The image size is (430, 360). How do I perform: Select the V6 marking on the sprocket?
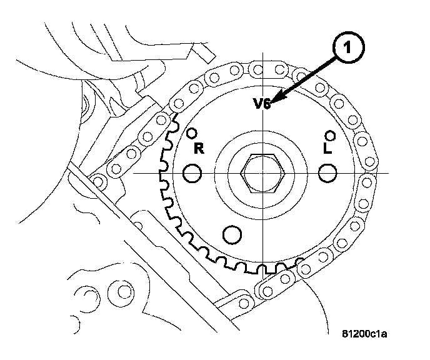pos(262,104)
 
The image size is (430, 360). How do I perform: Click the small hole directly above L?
pos(330,136)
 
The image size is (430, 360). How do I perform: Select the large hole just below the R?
pos(192,173)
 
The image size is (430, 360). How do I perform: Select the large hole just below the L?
pos(327,173)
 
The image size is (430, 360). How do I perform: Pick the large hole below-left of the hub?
pos(232,234)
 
